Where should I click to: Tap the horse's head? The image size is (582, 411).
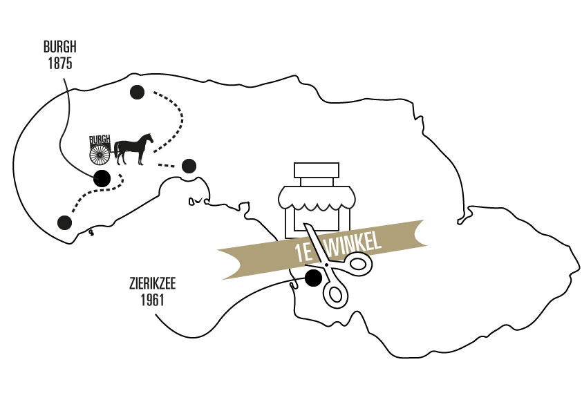click(148, 137)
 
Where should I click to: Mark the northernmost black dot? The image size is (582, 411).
click(137, 91)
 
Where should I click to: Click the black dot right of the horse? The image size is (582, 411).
click(188, 166)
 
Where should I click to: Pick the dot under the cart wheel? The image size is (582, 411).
click(102, 178)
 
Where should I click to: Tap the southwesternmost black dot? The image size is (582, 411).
click(65, 222)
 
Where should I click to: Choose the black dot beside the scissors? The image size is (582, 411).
click(312, 278)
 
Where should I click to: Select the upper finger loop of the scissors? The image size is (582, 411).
click(359, 262)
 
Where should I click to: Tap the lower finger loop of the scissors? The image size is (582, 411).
click(335, 293)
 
